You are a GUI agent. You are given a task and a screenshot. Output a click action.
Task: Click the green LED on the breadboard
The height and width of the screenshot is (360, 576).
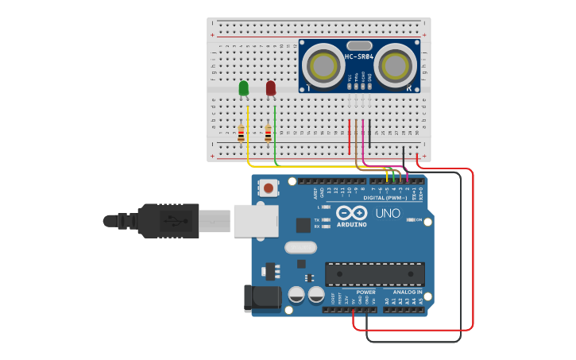click(243, 87)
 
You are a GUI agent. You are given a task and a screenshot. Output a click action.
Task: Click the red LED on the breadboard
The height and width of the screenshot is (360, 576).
click(271, 87)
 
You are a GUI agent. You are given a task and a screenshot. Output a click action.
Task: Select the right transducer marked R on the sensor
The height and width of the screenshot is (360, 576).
click(396, 64)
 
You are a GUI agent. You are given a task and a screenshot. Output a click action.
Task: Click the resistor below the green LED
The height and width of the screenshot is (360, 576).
click(241, 134)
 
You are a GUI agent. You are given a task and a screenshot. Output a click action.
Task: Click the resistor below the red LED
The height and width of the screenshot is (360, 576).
click(269, 134)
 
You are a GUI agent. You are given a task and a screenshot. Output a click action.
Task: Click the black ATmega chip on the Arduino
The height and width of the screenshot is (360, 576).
click(374, 273)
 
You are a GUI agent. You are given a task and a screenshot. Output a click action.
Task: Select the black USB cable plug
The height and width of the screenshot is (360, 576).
click(168, 220)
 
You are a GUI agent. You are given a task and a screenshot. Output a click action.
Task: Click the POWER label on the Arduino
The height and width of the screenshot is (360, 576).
click(365, 292)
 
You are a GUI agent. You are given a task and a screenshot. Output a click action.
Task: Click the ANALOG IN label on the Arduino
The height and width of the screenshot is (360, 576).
click(406, 292)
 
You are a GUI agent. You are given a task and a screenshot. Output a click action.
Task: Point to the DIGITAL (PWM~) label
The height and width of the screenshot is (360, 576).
click(385, 197)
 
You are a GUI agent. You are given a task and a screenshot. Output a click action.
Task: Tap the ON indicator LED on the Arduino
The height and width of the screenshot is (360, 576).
click(410, 219)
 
